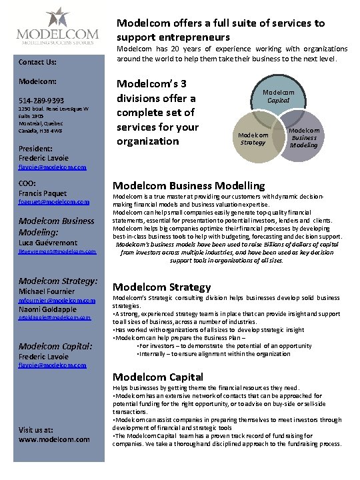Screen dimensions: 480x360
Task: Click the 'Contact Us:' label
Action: pyautogui.click(x=37, y=63)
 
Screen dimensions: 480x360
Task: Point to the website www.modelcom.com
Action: pyautogui.click(x=54, y=440)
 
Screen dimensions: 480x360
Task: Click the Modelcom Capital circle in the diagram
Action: pyautogui.click(x=277, y=98)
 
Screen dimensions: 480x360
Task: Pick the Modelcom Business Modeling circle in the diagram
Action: pyautogui.click(x=304, y=138)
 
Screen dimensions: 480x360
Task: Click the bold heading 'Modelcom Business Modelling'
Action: pyautogui.click(x=189, y=186)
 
